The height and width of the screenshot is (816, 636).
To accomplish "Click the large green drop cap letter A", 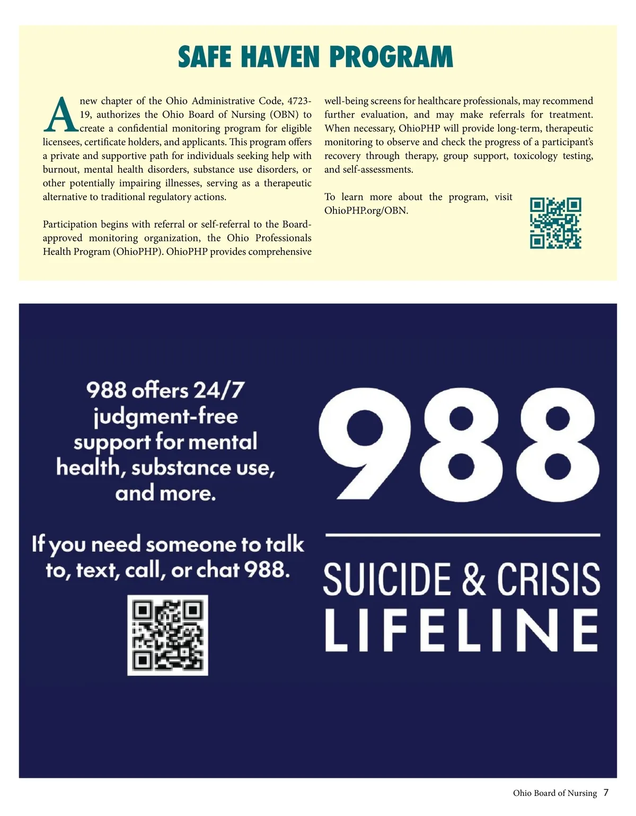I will point(61,115).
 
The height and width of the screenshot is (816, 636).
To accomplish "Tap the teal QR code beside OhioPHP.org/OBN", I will point(555,223).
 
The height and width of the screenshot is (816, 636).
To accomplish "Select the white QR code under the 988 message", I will point(167,635).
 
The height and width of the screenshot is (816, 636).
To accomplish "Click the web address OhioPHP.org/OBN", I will point(366,210).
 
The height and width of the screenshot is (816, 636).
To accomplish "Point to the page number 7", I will point(606,793).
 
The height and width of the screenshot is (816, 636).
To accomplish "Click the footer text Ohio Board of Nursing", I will point(555,793).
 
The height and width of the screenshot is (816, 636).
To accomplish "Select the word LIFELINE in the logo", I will point(462,630).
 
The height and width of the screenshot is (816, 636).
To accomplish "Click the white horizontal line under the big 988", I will point(462,535).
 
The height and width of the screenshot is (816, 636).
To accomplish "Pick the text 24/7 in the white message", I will point(218,391).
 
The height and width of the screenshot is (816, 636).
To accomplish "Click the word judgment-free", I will point(166,416).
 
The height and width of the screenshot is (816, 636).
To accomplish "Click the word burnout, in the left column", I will point(61,170).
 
